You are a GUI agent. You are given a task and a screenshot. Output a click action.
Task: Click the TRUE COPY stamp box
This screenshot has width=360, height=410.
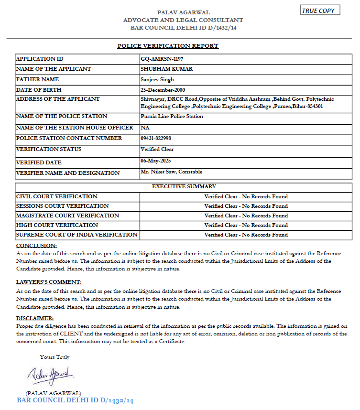tap(320, 11)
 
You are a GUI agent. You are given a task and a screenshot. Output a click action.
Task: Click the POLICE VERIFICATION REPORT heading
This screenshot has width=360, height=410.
tap(168, 46)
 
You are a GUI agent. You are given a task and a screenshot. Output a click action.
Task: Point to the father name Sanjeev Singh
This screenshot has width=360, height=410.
tap(157, 79)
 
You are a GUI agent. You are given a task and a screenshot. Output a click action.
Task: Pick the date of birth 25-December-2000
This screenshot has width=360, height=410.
tap(163, 90)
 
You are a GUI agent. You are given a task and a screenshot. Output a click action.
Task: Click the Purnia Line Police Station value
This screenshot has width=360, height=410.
tap(172, 116)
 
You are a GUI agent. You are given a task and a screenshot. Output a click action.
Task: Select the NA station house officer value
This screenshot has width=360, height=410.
tap(144, 128)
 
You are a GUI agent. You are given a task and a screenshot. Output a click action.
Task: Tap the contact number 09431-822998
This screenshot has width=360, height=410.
tap(156, 138)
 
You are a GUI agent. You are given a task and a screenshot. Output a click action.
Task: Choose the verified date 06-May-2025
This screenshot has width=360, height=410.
tap(156, 162)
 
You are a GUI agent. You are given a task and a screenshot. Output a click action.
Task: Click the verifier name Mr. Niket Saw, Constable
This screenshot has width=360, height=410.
tap(171, 172)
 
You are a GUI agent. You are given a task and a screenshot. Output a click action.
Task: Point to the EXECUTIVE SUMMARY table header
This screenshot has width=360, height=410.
tap(184, 186)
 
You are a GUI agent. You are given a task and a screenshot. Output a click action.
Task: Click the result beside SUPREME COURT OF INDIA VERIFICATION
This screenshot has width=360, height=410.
tap(246, 235)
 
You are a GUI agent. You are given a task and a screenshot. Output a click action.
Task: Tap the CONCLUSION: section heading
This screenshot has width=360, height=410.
tap(36, 246)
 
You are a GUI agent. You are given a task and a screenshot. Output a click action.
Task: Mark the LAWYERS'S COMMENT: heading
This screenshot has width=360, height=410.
tap(49, 282)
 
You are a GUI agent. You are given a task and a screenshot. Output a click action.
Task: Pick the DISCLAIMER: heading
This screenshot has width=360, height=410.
tap(35, 318)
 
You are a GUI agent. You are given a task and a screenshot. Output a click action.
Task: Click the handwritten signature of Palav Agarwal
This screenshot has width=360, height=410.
tap(49, 374)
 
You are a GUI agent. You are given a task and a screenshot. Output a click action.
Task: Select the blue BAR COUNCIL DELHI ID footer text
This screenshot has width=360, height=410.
tap(75, 400)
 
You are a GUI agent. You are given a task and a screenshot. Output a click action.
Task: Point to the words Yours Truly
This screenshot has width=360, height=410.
tap(55, 356)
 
